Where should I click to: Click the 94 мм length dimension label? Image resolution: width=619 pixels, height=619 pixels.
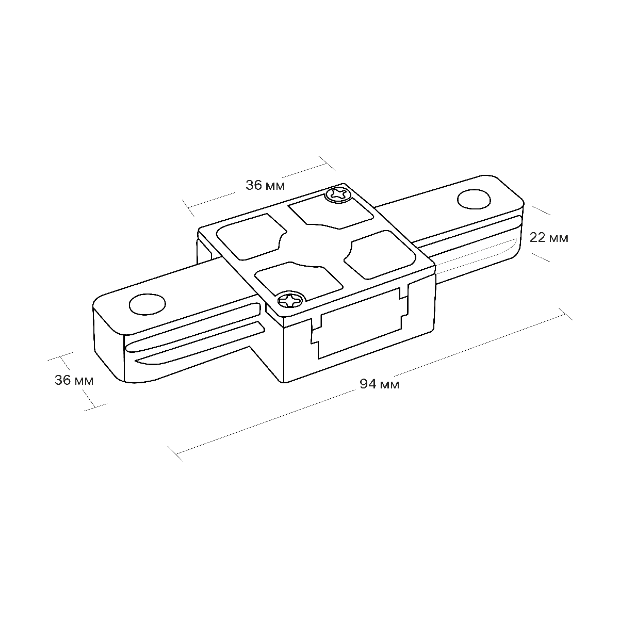[379, 384]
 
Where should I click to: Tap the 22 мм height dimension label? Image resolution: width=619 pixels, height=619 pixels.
[549, 238]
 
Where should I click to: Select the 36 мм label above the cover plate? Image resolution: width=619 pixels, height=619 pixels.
[265, 185]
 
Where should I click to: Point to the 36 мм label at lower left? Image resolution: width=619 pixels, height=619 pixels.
[74, 380]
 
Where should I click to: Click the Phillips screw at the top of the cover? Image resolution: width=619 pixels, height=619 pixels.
[338, 194]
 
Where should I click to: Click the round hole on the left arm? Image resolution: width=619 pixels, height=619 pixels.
[148, 304]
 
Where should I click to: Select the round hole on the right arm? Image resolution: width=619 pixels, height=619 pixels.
[474, 200]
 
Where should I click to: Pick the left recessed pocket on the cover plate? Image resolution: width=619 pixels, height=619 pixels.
[251, 236]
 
